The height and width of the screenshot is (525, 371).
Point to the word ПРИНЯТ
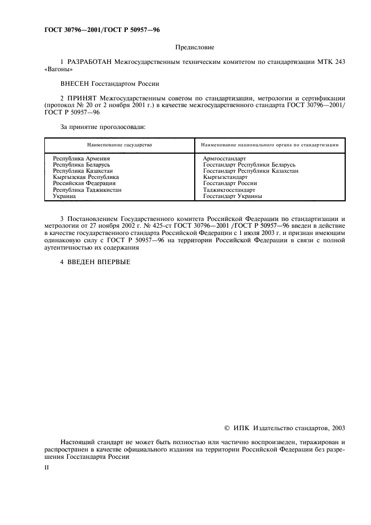coord(86,98)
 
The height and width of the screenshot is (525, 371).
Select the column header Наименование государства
coord(119,145)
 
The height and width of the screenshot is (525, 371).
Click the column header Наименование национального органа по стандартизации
coord(269,145)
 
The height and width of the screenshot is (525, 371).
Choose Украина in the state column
coord(65,196)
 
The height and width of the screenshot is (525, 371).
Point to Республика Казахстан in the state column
coord(83,171)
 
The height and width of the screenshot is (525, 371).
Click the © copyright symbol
coord(226,428)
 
